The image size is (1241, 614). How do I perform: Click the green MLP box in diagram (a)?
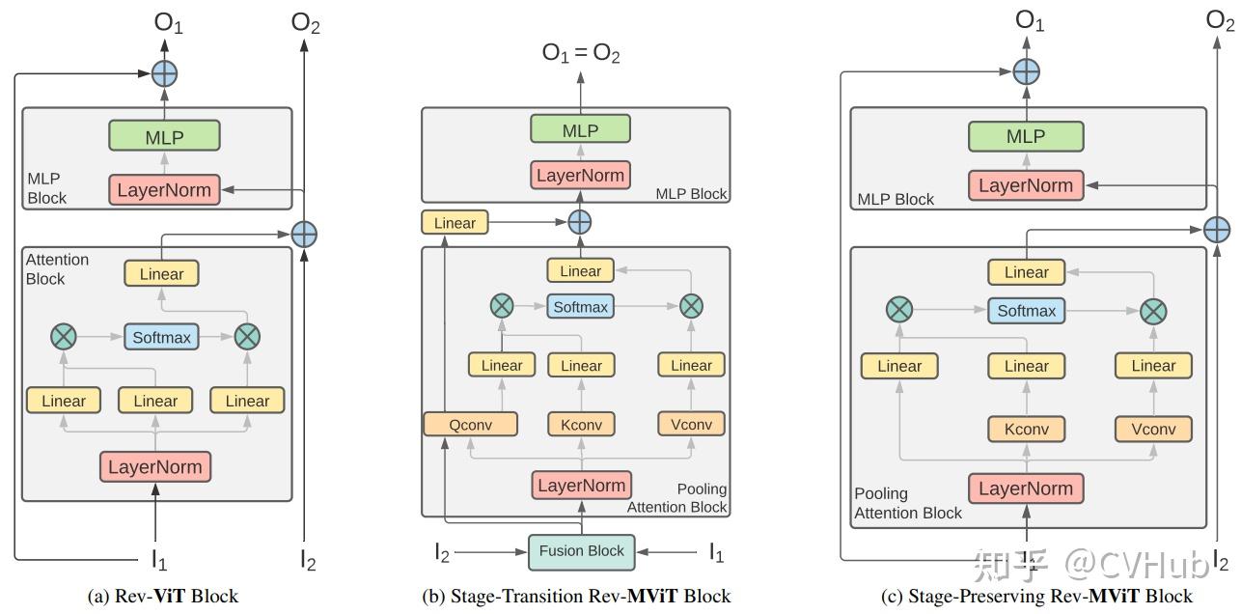point(165,136)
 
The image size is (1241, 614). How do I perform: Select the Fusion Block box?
point(581,551)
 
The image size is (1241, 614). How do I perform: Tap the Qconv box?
point(470,424)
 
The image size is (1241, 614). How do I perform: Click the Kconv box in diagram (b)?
point(581,424)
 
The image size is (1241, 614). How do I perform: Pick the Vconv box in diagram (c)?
point(1153,429)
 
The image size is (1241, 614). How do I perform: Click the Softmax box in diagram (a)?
point(161,337)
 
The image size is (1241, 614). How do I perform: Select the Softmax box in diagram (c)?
point(1026,311)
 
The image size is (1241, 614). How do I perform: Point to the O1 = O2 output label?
point(581,54)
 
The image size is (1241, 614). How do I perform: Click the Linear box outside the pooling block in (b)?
point(455,223)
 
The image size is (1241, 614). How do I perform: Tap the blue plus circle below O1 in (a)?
point(165,72)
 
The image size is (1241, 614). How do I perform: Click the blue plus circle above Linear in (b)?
point(579,222)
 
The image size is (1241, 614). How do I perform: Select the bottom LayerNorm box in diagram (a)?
point(154,467)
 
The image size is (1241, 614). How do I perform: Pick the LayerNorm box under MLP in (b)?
point(581,176)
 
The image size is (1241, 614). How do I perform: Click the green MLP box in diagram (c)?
point(1026,136)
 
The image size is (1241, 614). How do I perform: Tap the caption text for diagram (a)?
point(162,596)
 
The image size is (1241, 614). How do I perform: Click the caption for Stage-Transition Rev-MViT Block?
point(576,596)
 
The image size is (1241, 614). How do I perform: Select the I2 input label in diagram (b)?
point(443,552)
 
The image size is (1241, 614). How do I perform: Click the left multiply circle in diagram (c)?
point(899,310)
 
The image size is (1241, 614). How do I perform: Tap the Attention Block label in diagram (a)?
point(58,269)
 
